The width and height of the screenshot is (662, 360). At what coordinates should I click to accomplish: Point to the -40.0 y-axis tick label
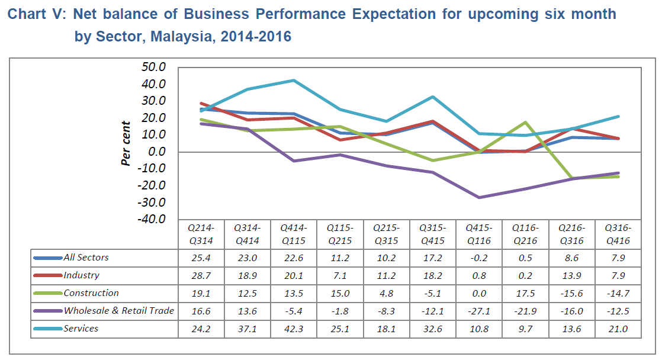pyautogui.click(x=152, y=220)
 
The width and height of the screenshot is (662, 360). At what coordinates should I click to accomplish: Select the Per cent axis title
pyautogui.click(x=126, y=143)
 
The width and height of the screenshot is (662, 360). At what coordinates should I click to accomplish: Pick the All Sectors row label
pyautogui.click(x=86, y=258)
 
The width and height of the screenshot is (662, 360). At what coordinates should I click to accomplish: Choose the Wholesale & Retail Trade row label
pyautogui.click(x=119, y=311)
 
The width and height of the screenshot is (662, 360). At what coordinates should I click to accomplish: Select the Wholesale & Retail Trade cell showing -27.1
pyautogui.click(x=478, y=311)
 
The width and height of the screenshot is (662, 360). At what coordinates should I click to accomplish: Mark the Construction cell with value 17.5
pyautogui.click(x=525, y=293)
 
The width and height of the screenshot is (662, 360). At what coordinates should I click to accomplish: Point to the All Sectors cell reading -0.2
pyautogui.click(x=478, y=258)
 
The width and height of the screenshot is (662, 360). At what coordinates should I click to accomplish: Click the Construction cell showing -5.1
pyautogui.click(x=432, y=293)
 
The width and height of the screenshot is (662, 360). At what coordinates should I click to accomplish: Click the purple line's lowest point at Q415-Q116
pyautogui.click(x=478, y=197)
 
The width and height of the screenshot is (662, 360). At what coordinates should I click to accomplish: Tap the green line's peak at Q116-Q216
pyautogui.click(x=525, y=122)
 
